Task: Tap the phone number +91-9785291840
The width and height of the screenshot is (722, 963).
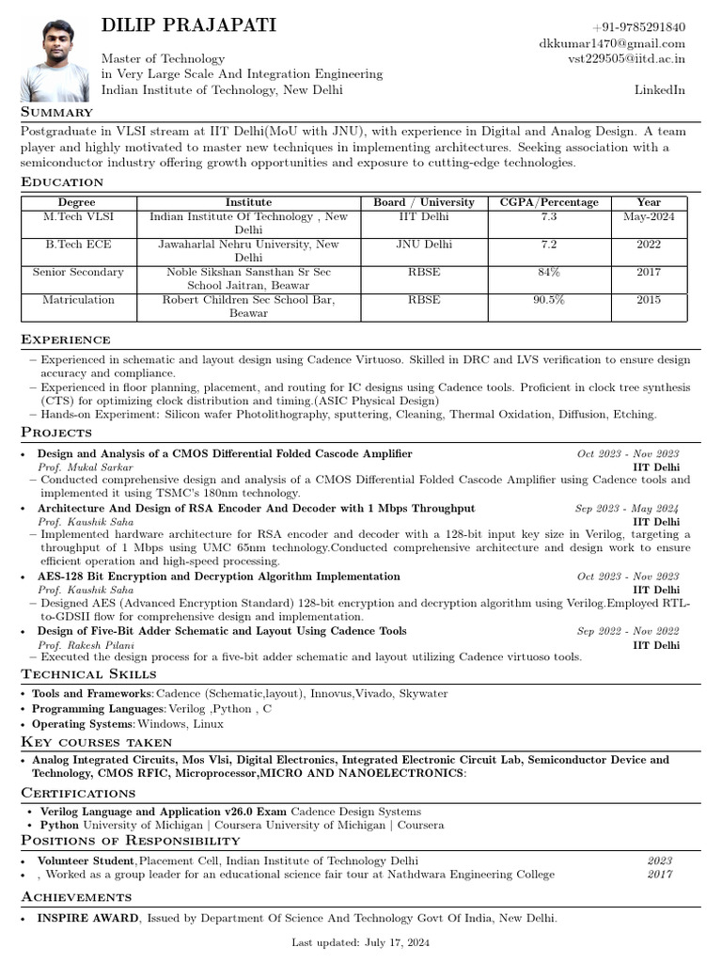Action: [x=638, y=27]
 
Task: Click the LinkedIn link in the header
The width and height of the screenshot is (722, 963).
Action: [x=660, y=90]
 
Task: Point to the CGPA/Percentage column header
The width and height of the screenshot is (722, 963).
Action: [x=549, y=202]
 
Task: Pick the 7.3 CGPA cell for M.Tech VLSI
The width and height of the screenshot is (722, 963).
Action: [x=549, y=217]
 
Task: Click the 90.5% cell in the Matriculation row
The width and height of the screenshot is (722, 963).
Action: [x=549, y=300]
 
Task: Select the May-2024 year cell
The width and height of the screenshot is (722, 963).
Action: [x=649, y=217]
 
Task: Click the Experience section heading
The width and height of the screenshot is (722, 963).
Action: [x=66, y=339]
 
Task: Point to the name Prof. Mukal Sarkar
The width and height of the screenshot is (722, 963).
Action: [x=86, y=467]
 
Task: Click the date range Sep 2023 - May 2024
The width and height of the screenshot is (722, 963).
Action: [x=627, y=509]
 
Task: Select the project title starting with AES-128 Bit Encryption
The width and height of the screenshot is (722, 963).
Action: [x=218, y=576]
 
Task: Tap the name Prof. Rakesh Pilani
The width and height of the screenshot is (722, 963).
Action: [x=86, y=645]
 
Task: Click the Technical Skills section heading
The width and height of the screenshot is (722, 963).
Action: [x=88, y=674]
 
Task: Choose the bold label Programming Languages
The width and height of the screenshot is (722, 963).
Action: [x=99, y=709]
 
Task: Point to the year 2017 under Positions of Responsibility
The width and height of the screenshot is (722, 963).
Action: [x=660, y=875]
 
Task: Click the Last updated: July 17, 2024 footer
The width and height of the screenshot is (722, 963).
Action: [x=361, y=942]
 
